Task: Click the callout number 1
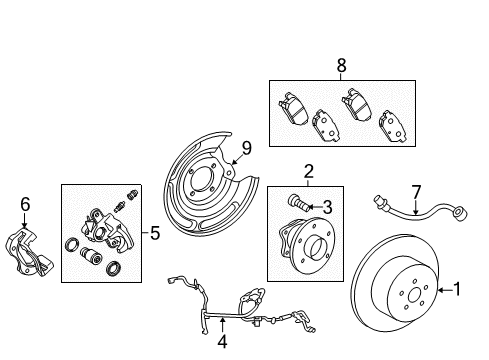(457, 291)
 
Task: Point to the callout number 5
(154, 235)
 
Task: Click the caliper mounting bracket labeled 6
(30, 250)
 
